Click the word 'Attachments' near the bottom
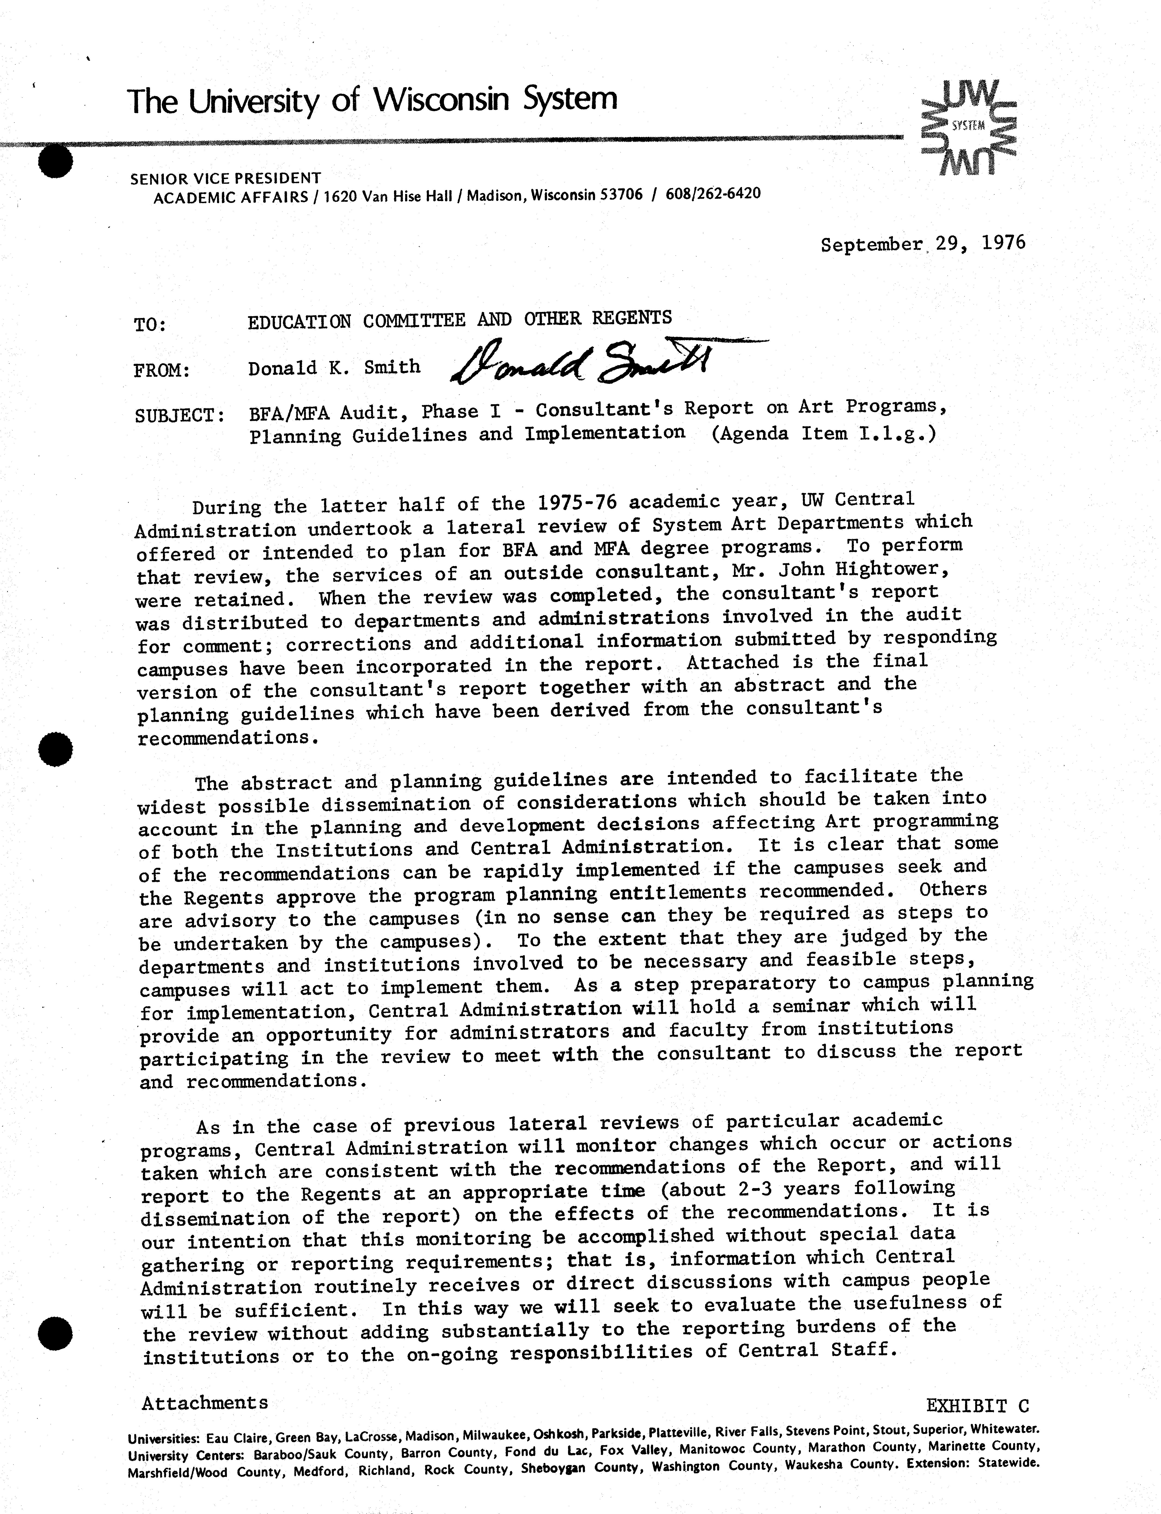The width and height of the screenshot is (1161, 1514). pyautogui.click(x=205, y=1403)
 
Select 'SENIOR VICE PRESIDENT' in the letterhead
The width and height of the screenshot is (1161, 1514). pyautogui.click(x=225, y=178)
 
